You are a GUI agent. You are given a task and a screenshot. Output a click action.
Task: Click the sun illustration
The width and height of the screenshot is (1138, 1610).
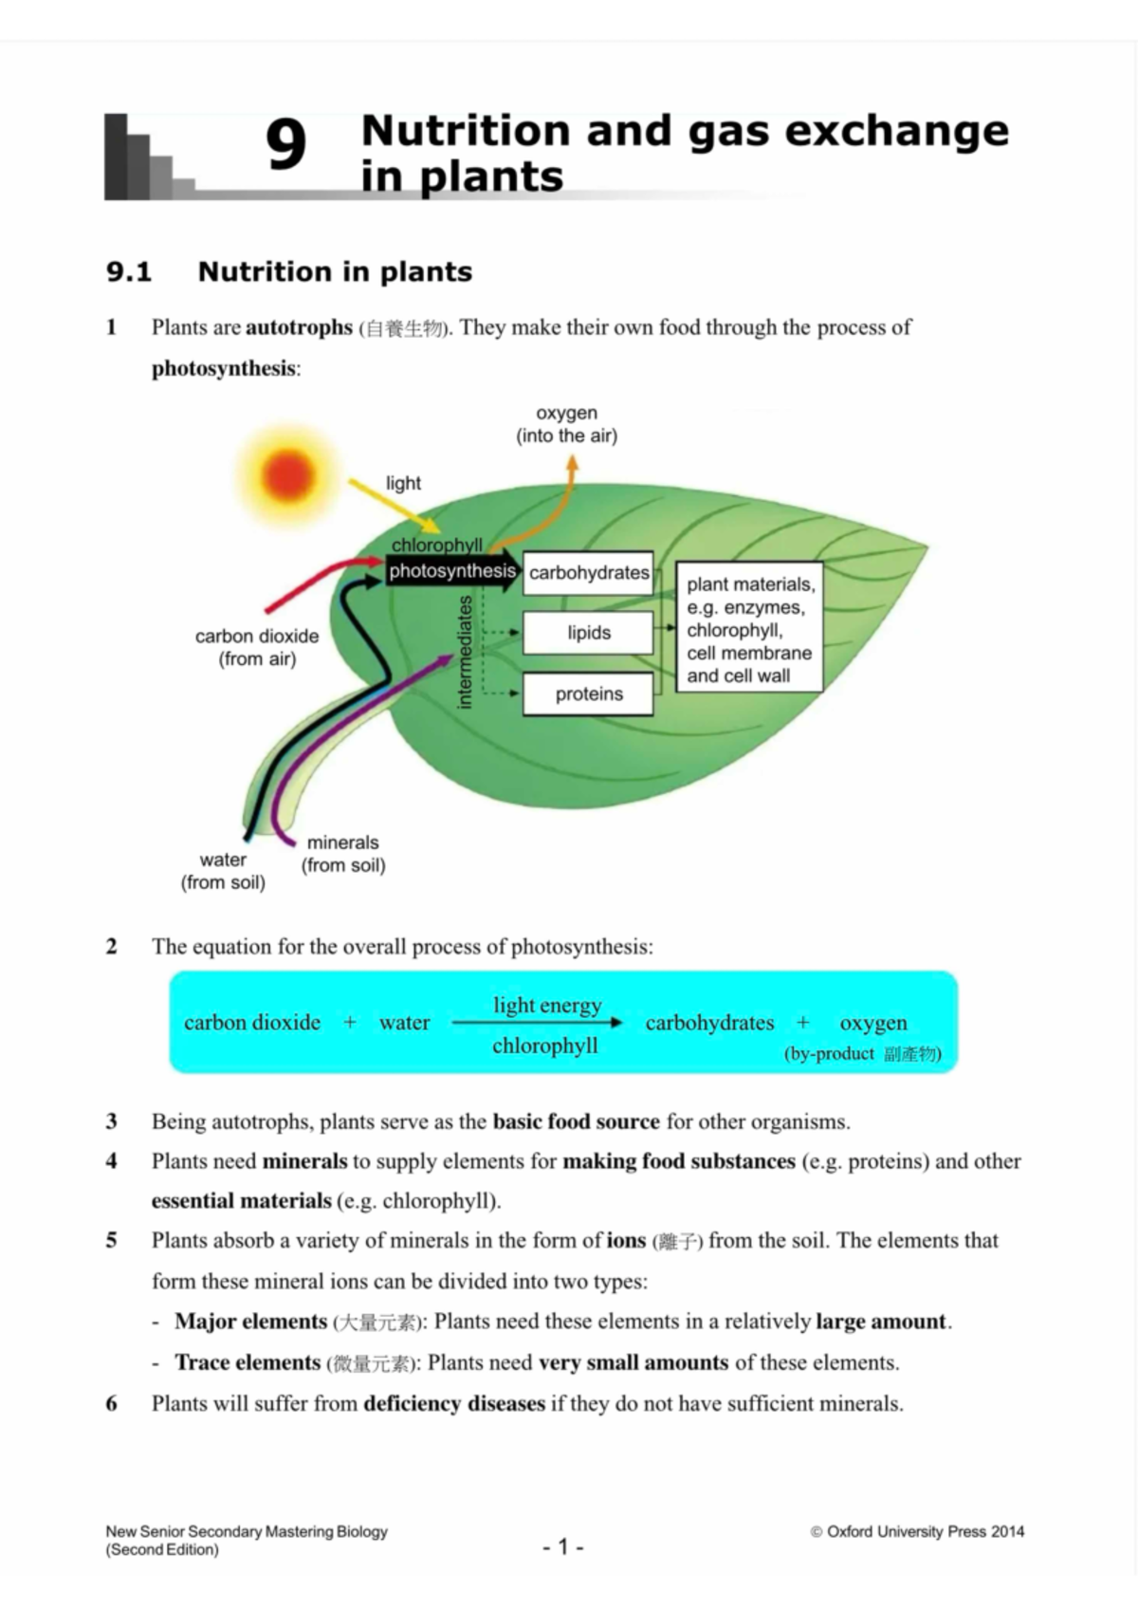pyautogui.click(x=288, y=473)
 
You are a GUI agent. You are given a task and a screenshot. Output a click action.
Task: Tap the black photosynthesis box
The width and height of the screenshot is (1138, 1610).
pyautogui.click(x=451, y=571)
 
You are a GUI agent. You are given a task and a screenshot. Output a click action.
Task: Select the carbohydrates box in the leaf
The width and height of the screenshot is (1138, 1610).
pyautogui.click(x=588, y=573)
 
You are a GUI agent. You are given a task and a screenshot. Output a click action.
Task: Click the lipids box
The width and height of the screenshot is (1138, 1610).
pyautogui.click(x=588, y=633)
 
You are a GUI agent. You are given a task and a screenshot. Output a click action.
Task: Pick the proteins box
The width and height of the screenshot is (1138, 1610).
pyautogui.click(x=588, y=694)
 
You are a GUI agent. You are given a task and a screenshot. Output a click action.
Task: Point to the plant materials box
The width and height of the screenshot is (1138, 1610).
pyautogui.click(x=748, y=629)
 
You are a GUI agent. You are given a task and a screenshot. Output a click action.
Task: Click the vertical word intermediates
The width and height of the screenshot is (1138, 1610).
pyautogui.click(x=465, y=651)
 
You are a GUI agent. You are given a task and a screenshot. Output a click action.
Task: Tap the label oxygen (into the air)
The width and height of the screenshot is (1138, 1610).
pyautogui.click(x=566, y=424)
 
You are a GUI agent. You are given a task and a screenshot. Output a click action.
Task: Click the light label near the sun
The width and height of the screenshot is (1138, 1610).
pyautogui.click(x=403, y=483)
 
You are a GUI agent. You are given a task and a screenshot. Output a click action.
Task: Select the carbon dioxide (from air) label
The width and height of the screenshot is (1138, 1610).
pyautogui.click(x=257, y=647)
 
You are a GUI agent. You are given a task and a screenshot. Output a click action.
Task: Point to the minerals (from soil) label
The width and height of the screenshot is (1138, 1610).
pyautogui.click(x=343, y=853)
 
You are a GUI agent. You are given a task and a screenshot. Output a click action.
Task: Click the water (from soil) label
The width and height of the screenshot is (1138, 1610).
pyautogui.click(x=223, y=870)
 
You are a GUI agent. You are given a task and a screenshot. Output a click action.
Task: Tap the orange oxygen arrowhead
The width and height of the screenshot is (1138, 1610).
pyautogui.click(x=572, y=463)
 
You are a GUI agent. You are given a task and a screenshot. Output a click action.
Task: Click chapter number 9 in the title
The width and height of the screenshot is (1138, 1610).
pyautogui.click(x=285, y=145)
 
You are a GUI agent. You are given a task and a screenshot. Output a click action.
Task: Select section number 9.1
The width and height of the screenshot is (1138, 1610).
pyautogui.click(x=129, y=272)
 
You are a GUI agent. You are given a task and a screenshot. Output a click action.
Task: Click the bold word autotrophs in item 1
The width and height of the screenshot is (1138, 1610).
pyautogui.click(x=299, y=327)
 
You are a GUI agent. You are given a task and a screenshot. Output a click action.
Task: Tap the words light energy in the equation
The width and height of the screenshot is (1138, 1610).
pyautogui.click(x=547, y=1005)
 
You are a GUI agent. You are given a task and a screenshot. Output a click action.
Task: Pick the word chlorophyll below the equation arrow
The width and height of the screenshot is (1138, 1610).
pyautogui.click(x=545, y=1046)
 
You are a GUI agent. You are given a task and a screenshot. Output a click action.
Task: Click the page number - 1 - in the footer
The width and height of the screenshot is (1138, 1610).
pyautogui.click(x=563, y=1546)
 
